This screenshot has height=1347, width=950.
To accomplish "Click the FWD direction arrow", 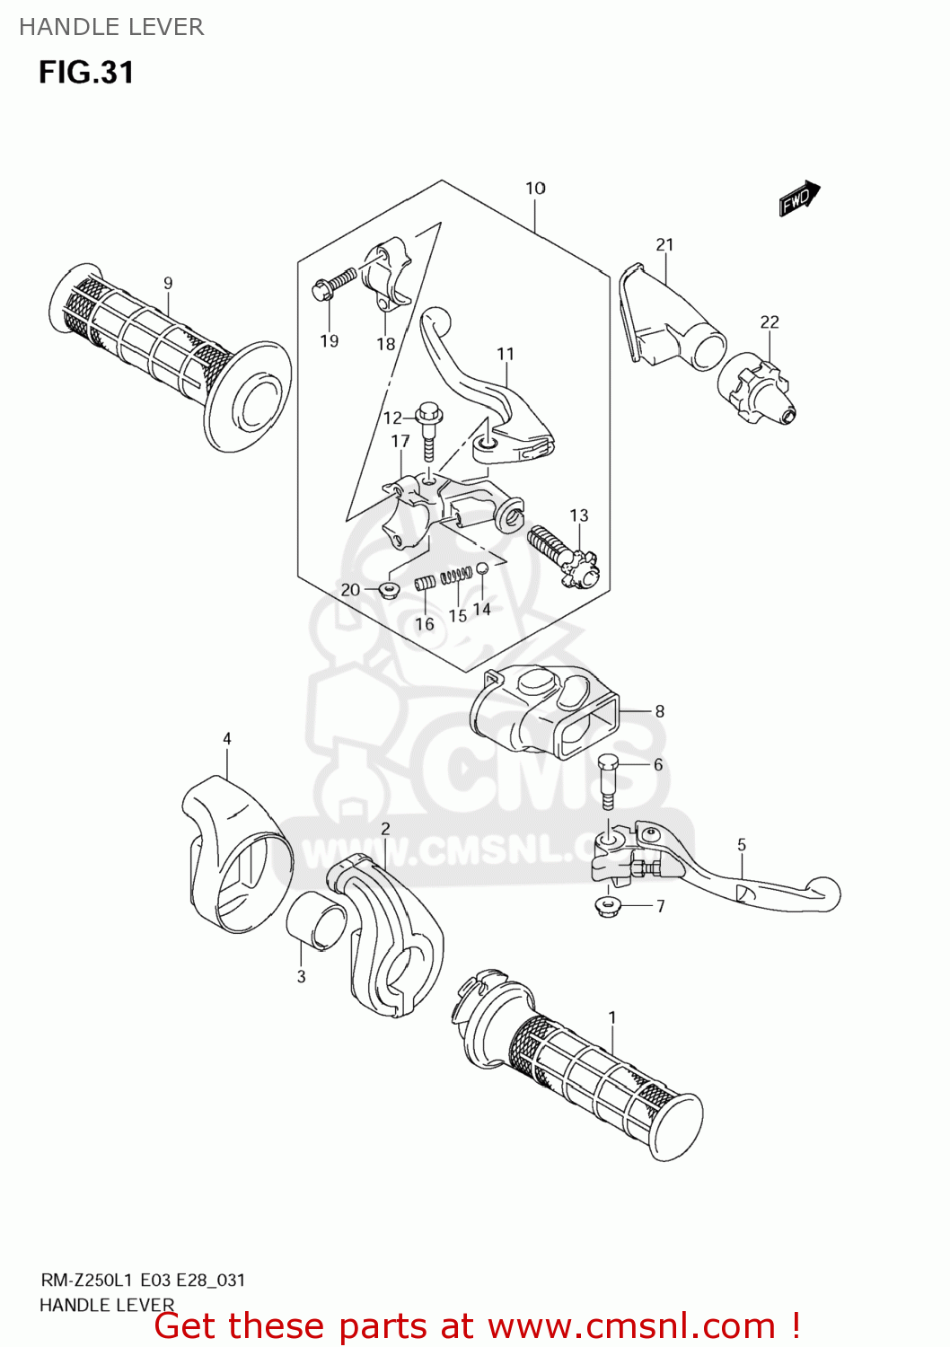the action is pos(799,199).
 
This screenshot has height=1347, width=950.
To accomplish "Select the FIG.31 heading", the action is pos(86,73).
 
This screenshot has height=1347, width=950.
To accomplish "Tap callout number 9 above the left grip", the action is pos(168,284).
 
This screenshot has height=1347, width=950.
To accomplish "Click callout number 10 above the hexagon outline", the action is pos(535,189).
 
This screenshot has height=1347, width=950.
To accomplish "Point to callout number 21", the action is pos(664,245).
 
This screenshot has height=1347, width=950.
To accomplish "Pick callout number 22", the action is pos(770,322).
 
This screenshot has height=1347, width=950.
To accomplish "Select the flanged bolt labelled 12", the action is pos(428,426).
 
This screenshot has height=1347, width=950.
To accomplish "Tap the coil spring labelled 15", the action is pos(458,575).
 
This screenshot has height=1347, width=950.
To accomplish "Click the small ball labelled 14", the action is pos(482,568).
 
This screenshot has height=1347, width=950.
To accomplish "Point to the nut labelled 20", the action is pos(389,590).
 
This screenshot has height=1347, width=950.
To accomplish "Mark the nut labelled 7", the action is pos(610,904).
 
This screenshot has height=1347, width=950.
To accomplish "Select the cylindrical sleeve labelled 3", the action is pos(316,920).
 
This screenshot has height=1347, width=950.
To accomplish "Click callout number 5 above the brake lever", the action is pos(742,845).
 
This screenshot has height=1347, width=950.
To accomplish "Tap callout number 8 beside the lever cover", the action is pos(659,712).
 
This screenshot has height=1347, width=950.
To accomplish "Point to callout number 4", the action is pos(227,739).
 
